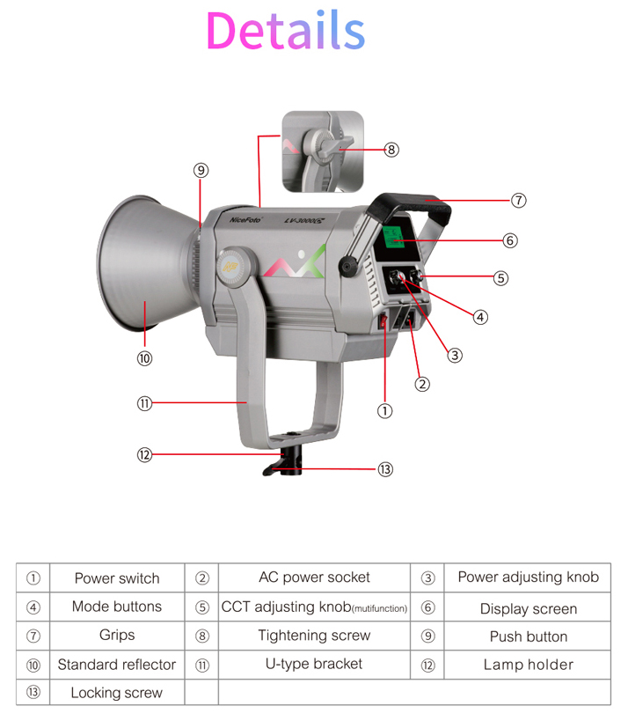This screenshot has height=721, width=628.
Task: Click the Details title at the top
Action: (285, 31)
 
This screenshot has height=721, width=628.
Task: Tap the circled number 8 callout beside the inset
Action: (391, 150)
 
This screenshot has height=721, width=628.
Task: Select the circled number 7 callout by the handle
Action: (518, 201)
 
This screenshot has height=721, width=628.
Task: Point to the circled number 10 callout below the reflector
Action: (144, 358)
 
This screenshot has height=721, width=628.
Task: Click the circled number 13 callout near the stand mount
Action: (384, 470)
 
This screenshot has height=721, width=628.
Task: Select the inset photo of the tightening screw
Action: (323, 151)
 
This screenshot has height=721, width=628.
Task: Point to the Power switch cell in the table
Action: (117, 578)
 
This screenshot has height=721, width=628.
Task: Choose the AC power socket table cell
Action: (314, 578)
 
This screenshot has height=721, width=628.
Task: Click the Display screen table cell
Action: (528, 608)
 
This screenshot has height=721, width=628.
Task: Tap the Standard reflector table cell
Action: (117, 665)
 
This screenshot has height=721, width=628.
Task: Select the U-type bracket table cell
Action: (314, 664)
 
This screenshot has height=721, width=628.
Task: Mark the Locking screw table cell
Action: (117, 693)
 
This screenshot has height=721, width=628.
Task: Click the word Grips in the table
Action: (117, 635)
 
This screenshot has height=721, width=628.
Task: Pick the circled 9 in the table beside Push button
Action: (427, 636)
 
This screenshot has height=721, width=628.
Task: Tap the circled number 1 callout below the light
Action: (384, 410)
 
